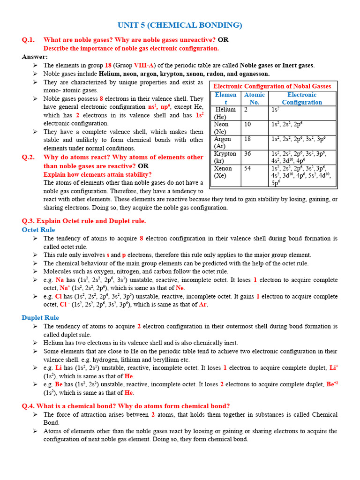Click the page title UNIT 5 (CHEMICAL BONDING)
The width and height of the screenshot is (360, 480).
pyautogui.click(x=180, y=25)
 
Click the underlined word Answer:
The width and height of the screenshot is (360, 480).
pyautogui.click(x=35, y=57)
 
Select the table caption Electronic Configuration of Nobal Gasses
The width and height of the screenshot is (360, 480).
pyautogui.click(x=272, y=86)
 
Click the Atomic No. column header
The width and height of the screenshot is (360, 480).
pyautogui.click(x=255, y=98)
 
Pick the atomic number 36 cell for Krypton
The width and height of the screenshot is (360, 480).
pyautogui.click(x=248, y=154)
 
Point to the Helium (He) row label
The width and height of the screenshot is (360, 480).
pyautogui.click(x=225, y=113)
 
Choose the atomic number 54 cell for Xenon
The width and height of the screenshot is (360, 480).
pyautogui.click(x=248, y=168)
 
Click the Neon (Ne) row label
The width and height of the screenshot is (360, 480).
pyautogui.click(x=221, y=128)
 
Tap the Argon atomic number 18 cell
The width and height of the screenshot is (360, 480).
pyautogui.click(x=248, y=139)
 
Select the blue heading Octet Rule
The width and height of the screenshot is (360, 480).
pyautogui.click(x=38, y=230)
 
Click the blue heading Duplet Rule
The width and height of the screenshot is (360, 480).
pyautogui.click(x=40, y=318)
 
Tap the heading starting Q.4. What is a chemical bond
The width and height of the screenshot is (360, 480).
pyautogui.click(x=126, y=406)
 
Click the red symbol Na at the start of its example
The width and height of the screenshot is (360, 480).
pyautogui.click(x=60, y=280)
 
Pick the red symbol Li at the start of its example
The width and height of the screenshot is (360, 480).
pyautogui.click(x=59, y=368)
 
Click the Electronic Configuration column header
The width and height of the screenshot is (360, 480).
pyautogui.click(x=302, y=98)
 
